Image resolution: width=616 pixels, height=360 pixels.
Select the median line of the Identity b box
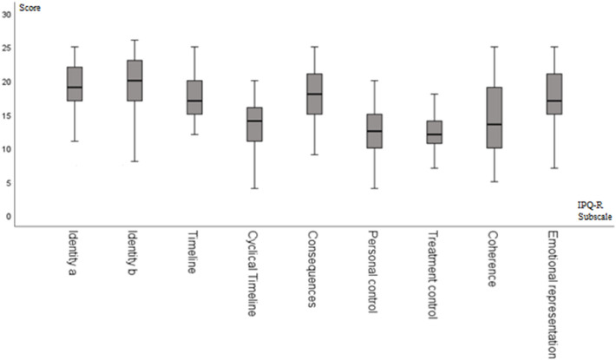[134, 81]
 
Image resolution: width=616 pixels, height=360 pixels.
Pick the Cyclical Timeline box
[254, 124]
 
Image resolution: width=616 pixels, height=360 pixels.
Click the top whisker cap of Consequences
[315, 47]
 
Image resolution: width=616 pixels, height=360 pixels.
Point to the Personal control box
[374, 131]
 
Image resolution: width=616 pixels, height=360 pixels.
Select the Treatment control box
[434, 132]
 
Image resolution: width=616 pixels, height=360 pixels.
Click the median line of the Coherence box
[494, 124]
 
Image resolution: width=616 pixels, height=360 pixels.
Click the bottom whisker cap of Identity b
[134, 161]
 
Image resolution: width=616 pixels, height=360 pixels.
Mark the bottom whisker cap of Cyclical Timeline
[254, 188]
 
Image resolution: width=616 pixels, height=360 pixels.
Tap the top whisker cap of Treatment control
[434, 94]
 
